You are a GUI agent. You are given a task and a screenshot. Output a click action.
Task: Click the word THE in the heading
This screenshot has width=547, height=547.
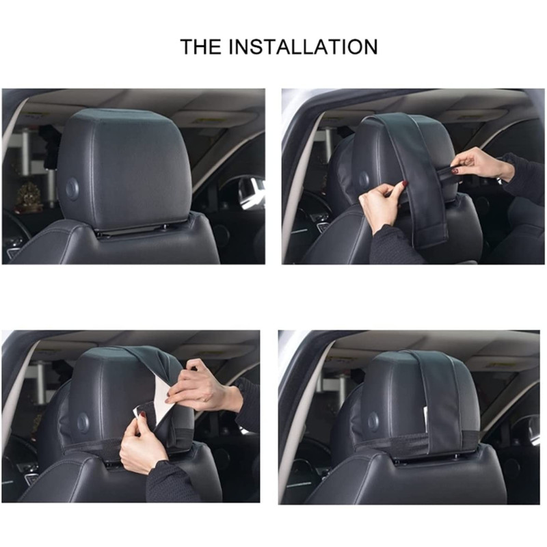(200, 46)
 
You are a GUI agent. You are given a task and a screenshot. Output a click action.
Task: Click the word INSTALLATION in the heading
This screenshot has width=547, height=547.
(303, 46)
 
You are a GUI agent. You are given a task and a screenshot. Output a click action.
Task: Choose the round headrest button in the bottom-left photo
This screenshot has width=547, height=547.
(83, 418)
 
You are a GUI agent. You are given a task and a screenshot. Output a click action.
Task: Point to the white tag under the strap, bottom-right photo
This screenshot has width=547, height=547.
(425, 414)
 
